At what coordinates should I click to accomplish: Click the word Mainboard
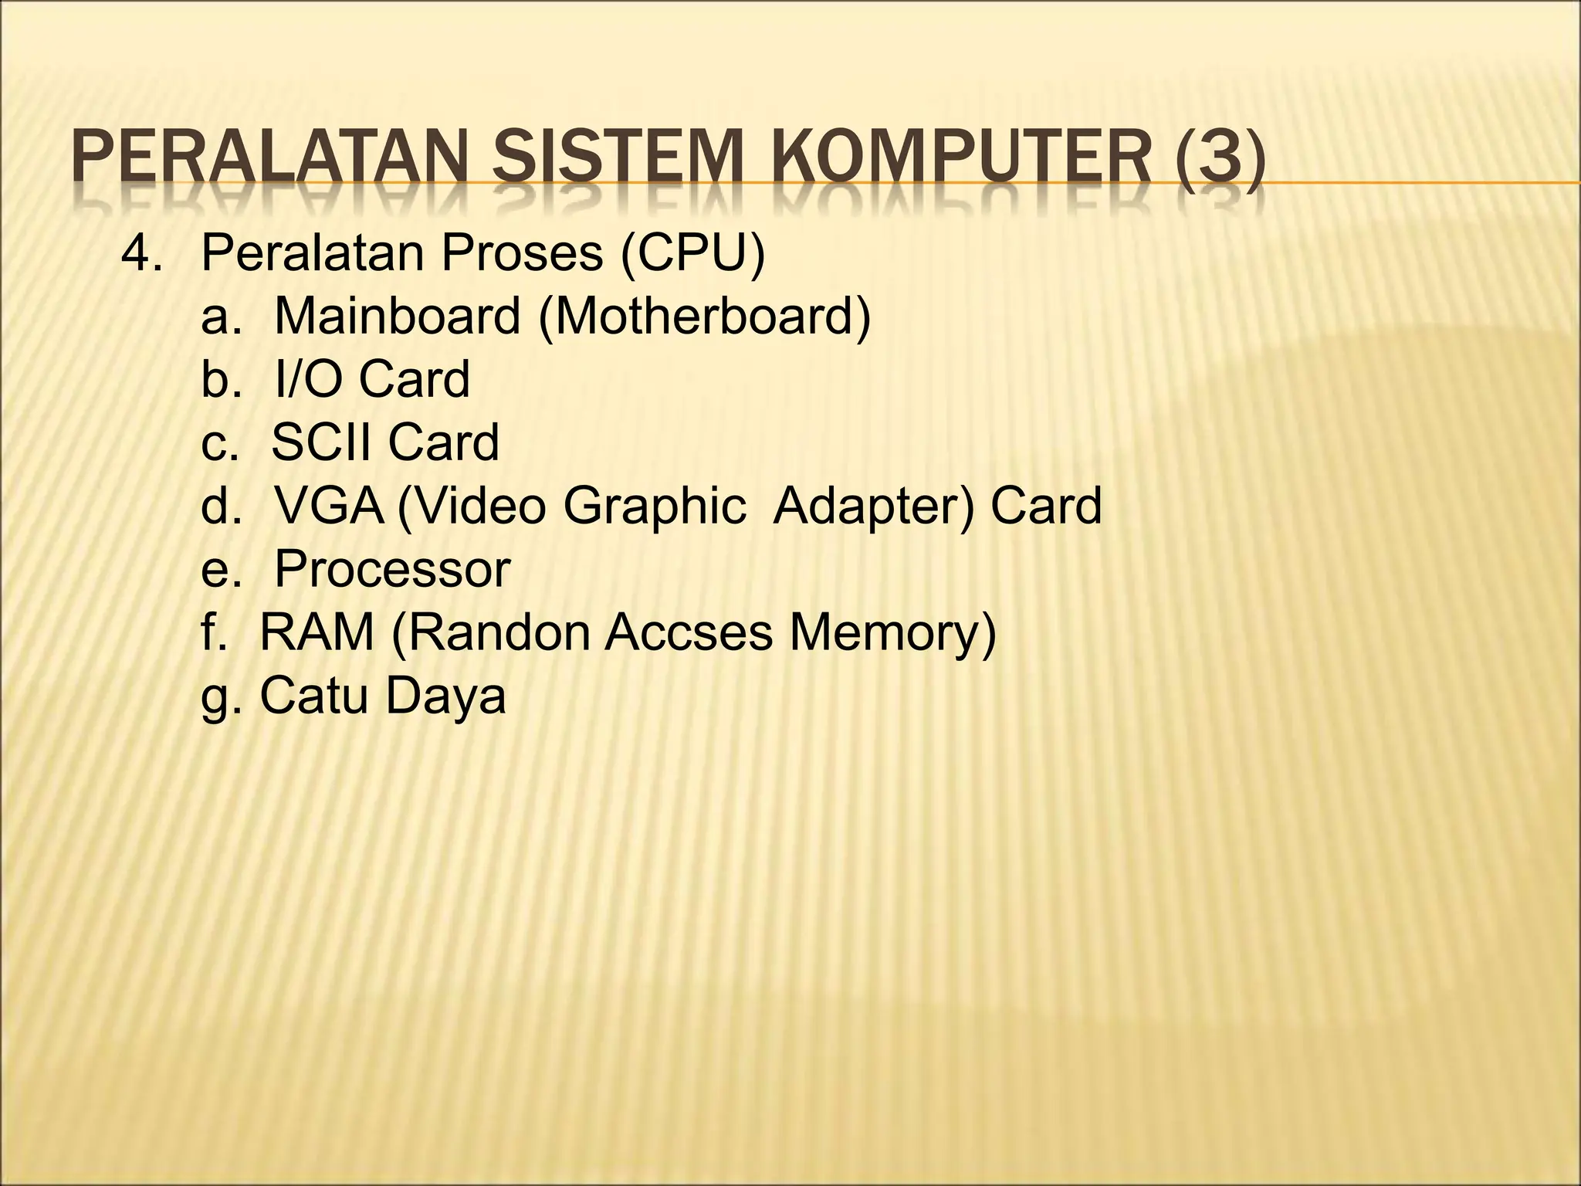[x=398, y=317]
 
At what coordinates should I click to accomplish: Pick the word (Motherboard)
[x=705, y=317]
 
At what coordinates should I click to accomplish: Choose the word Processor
[x=392, y=570]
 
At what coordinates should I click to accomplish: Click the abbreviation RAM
[x=317, y=633]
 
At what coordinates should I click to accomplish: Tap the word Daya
[x=445, y=696]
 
